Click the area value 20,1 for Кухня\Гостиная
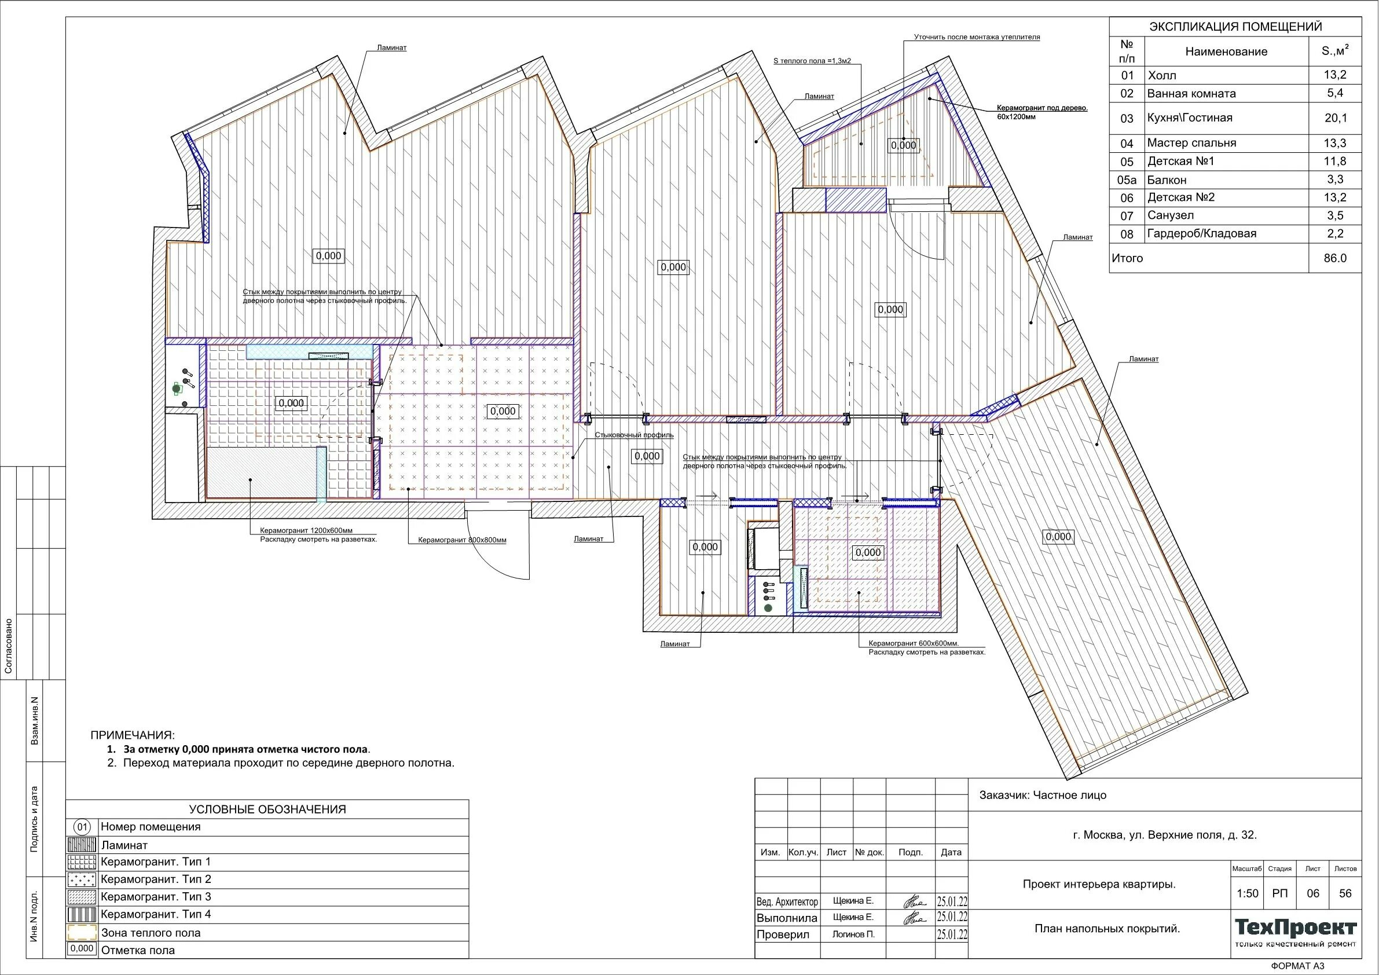pos(1336,118)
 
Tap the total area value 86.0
pos(1335,258)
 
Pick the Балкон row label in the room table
pos(1167,179)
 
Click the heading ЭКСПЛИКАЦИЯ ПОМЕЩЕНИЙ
pos(1235,27)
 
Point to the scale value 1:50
pos(1248,893)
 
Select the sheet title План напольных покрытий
pos(1107,929)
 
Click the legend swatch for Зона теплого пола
pos(82,932)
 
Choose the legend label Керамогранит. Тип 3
pos(156,897)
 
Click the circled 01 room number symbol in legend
pos(82,827)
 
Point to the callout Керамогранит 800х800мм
pos(462,540)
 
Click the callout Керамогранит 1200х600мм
pos(306,530)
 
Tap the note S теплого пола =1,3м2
pos(812,61)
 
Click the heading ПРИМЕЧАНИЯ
pos(133,735)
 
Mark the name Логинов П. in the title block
pos(853,934)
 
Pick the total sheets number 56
pos(1345,893)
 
